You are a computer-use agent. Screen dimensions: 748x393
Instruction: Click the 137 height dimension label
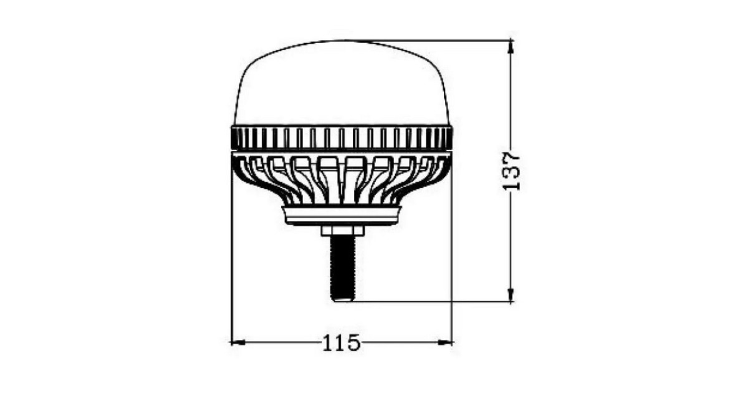[x=512, y=172]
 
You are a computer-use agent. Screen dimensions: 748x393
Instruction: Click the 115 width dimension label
[x=341, y=343]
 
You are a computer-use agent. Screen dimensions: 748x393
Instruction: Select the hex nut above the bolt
[x=342, y=231]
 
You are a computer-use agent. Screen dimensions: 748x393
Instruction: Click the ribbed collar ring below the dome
[x=342, y=138]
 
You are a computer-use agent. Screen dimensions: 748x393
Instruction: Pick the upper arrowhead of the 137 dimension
[x=511, y=46]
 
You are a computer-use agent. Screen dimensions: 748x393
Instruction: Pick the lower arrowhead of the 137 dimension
[x=511, y=294]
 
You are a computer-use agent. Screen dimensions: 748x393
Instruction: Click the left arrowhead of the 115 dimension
[x=238, y=342]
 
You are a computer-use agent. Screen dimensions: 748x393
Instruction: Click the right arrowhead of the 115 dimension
[x=445, y=342]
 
